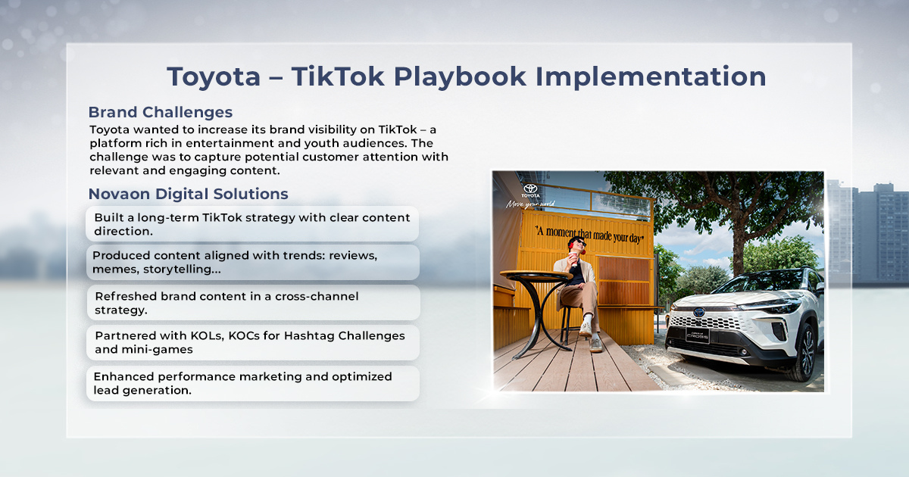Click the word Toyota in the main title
pos(214,77)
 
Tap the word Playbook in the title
pos(460,77)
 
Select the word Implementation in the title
pos(651,77)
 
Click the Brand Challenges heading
pos(161,112)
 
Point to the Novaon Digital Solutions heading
pos(189,194)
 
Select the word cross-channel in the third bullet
pos(317,297)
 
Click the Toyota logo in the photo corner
pos(530,189)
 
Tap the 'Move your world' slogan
pos(530,204)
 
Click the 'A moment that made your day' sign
pos(589,235)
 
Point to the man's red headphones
pos(571,245)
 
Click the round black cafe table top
pos(536,276)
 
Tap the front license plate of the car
pos(697,335)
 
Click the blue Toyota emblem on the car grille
pos(699,312)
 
